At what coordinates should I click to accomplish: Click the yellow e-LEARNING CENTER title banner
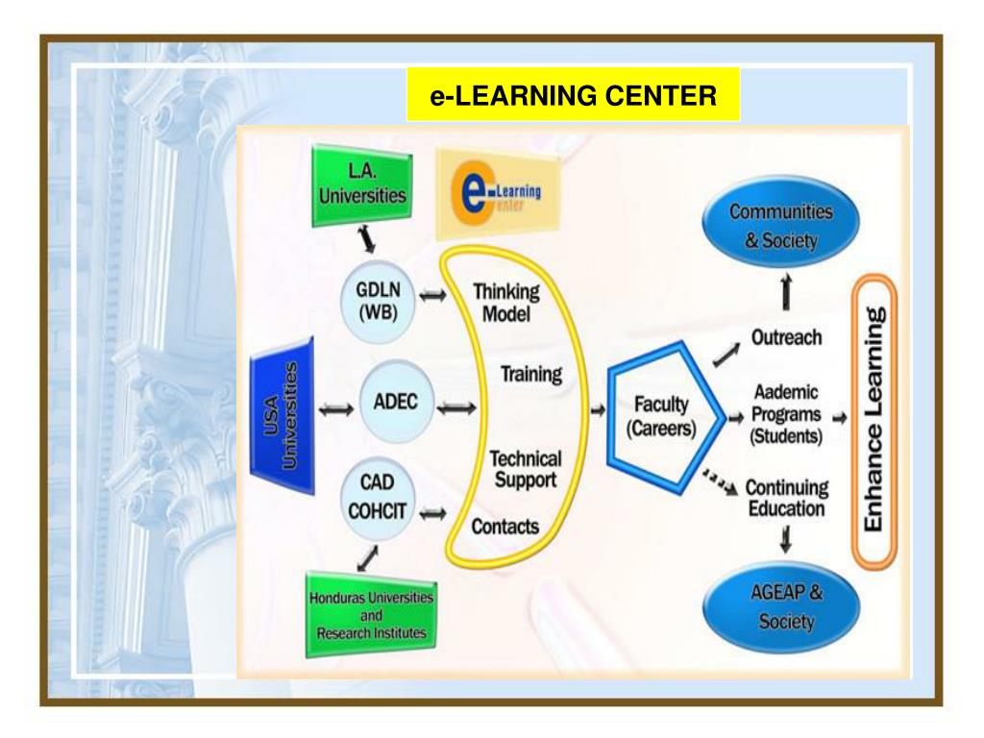573,95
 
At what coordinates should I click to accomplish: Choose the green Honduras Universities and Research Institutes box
370,615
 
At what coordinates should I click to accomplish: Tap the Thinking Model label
505,303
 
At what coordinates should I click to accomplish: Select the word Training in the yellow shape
530,374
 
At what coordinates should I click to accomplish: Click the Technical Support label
525,469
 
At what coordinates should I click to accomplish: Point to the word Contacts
504,527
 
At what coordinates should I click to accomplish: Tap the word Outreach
786,338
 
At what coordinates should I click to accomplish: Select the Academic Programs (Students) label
786,414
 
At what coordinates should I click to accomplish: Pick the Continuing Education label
786,498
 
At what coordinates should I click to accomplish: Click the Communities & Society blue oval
780,225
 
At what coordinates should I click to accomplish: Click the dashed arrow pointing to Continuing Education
721,479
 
